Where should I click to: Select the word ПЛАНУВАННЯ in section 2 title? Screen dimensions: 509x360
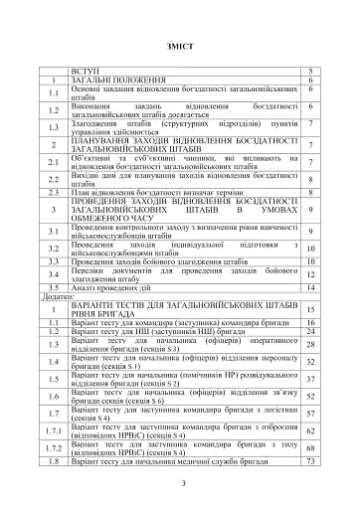click(101, 141)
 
